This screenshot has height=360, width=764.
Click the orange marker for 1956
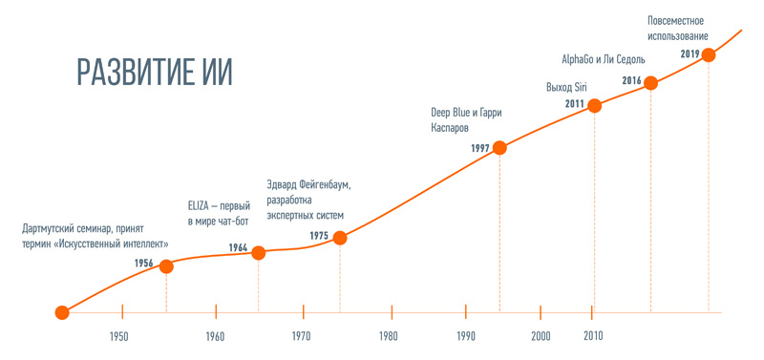tap(166, 266)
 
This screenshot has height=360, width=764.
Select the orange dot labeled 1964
tap(258, 252)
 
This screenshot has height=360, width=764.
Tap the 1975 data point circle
tap(340, 238)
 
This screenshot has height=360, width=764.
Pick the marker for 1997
tap(499, 148)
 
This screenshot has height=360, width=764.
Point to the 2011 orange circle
tap(594, 105)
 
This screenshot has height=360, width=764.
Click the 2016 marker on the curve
tap(650, 83)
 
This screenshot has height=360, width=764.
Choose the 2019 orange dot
tap(708, 55)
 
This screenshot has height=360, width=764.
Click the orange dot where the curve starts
tap(62, 313)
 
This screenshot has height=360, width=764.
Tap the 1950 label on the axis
tap(118, 336)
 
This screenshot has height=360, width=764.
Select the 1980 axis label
tap(389, 336)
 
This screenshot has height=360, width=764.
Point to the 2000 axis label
tap(541, 336)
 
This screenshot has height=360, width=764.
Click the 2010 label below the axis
tap(592, 336)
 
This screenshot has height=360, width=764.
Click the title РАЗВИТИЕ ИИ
tap(155, 73)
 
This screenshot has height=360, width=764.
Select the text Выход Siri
tap(566, 88)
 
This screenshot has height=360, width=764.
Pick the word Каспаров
tap(450, 128)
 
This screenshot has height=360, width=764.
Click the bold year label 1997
tap(480, 149)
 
